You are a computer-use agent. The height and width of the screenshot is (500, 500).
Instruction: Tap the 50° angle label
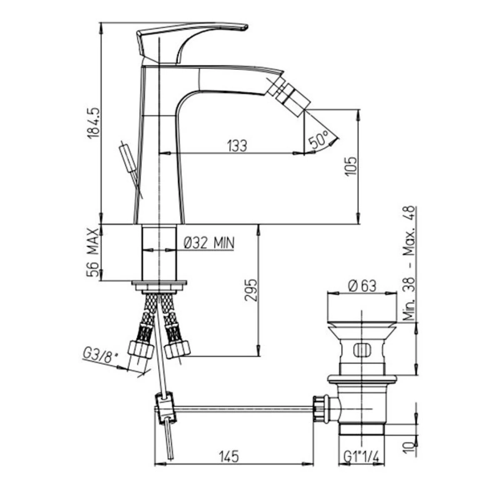coord(319,139)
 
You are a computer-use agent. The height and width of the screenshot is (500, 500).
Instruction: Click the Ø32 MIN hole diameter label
coord(209,243)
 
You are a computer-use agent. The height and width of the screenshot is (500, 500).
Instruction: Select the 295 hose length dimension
coord(251,290)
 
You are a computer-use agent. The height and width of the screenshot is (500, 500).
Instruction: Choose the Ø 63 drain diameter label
coord(362,286)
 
